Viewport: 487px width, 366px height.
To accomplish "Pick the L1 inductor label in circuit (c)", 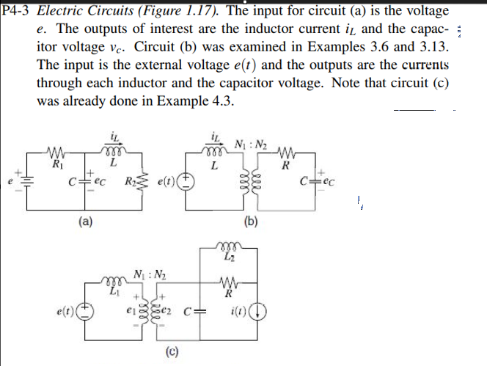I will [x=113, y=293].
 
